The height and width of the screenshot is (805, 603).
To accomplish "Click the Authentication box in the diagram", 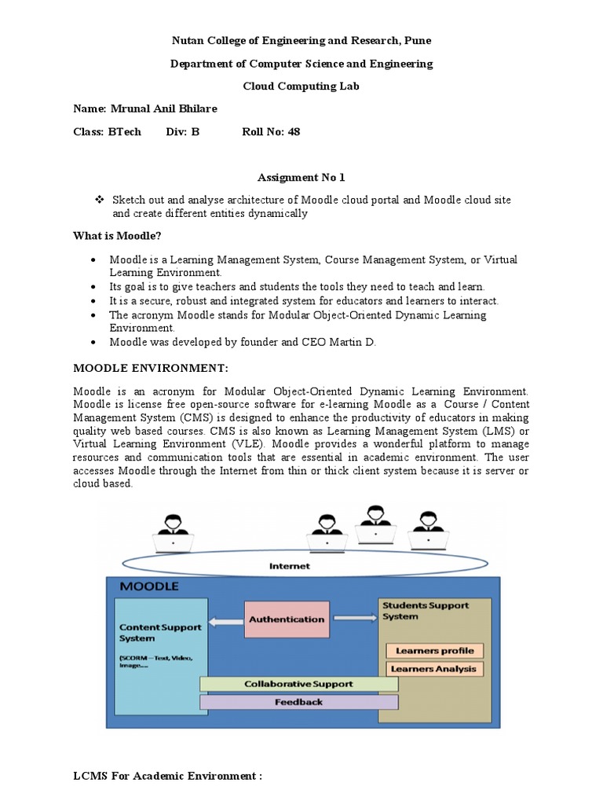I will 287,619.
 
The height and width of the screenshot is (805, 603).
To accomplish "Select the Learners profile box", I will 434,651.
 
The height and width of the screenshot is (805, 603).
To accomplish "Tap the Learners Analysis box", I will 434,669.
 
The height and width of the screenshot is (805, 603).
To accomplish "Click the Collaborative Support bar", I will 298,684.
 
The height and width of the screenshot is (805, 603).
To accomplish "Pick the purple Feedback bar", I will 298,702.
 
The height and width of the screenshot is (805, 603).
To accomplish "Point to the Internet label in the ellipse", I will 289,566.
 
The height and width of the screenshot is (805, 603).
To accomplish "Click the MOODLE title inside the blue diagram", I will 149,586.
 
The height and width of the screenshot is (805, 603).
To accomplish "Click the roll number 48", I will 294,131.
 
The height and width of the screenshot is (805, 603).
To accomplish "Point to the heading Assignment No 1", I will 301,178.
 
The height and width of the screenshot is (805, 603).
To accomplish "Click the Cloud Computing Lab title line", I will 301,86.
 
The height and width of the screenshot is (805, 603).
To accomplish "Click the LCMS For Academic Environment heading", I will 167,777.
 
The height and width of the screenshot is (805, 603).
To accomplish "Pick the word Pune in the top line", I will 417,40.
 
